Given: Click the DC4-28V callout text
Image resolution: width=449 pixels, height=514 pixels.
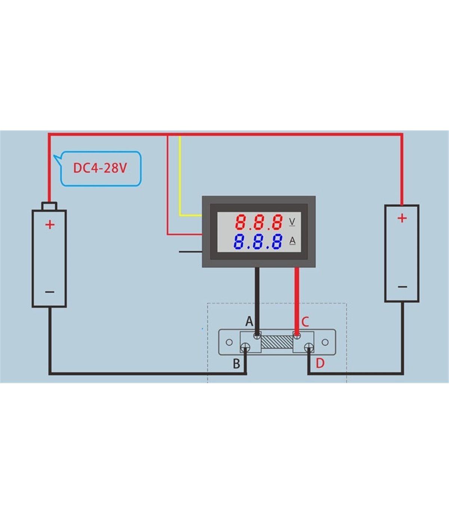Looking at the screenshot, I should pos(100,168).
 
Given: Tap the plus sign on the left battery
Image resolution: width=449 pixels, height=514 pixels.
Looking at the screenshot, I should pos(50,224).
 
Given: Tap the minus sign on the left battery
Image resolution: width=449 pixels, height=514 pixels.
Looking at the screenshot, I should pos(50,292).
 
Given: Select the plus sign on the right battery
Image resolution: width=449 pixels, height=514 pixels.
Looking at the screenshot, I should pos(402,218).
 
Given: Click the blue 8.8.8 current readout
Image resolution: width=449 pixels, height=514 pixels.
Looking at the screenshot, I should pos(258,242).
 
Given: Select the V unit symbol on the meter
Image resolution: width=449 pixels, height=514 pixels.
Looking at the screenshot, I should pos(292,222).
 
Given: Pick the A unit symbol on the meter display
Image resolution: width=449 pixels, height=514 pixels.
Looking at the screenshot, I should pos(292,241).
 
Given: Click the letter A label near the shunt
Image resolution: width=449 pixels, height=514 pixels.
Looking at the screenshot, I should pos(249,321).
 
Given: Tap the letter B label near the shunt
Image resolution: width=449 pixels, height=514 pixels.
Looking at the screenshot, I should pos(236,363).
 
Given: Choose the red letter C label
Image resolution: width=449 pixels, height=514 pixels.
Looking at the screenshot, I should pos(305,321).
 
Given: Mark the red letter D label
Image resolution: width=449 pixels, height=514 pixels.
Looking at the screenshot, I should pos(320,363).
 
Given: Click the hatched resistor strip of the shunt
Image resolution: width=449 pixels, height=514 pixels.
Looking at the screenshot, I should pos(277,342).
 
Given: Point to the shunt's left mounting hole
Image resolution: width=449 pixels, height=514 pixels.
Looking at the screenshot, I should pos(229,342).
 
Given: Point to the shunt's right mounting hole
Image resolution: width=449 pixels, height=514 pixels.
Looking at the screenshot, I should pos(325,342).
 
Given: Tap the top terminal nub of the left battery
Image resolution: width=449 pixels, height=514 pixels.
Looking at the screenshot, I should pos(49,206).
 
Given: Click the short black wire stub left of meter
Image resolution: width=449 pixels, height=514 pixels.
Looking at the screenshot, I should pos(190,251).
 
